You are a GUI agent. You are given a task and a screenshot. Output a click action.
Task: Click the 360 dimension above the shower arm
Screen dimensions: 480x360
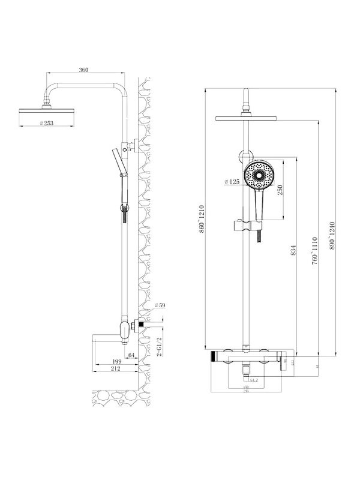[x=83, y=71]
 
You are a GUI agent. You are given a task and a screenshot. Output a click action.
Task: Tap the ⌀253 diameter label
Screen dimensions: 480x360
[x=47, y=123]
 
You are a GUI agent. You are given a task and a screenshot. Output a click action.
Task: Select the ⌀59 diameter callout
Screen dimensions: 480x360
[x=160, y=306]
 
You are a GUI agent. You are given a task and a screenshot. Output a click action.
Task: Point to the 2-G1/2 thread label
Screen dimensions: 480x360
[x=158, y=346]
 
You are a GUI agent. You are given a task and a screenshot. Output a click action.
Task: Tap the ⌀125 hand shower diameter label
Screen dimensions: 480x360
[x=232, y=181]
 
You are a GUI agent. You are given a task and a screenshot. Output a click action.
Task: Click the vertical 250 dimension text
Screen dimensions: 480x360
[x=281, y=190]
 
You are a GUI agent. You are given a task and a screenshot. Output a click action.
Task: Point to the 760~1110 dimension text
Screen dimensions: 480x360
[x=314, y=251]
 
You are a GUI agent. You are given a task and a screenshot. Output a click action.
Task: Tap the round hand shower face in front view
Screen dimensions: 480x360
[x=262, y=174]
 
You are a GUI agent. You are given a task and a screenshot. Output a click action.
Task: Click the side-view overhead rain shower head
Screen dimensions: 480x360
[x=46, y=111]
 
